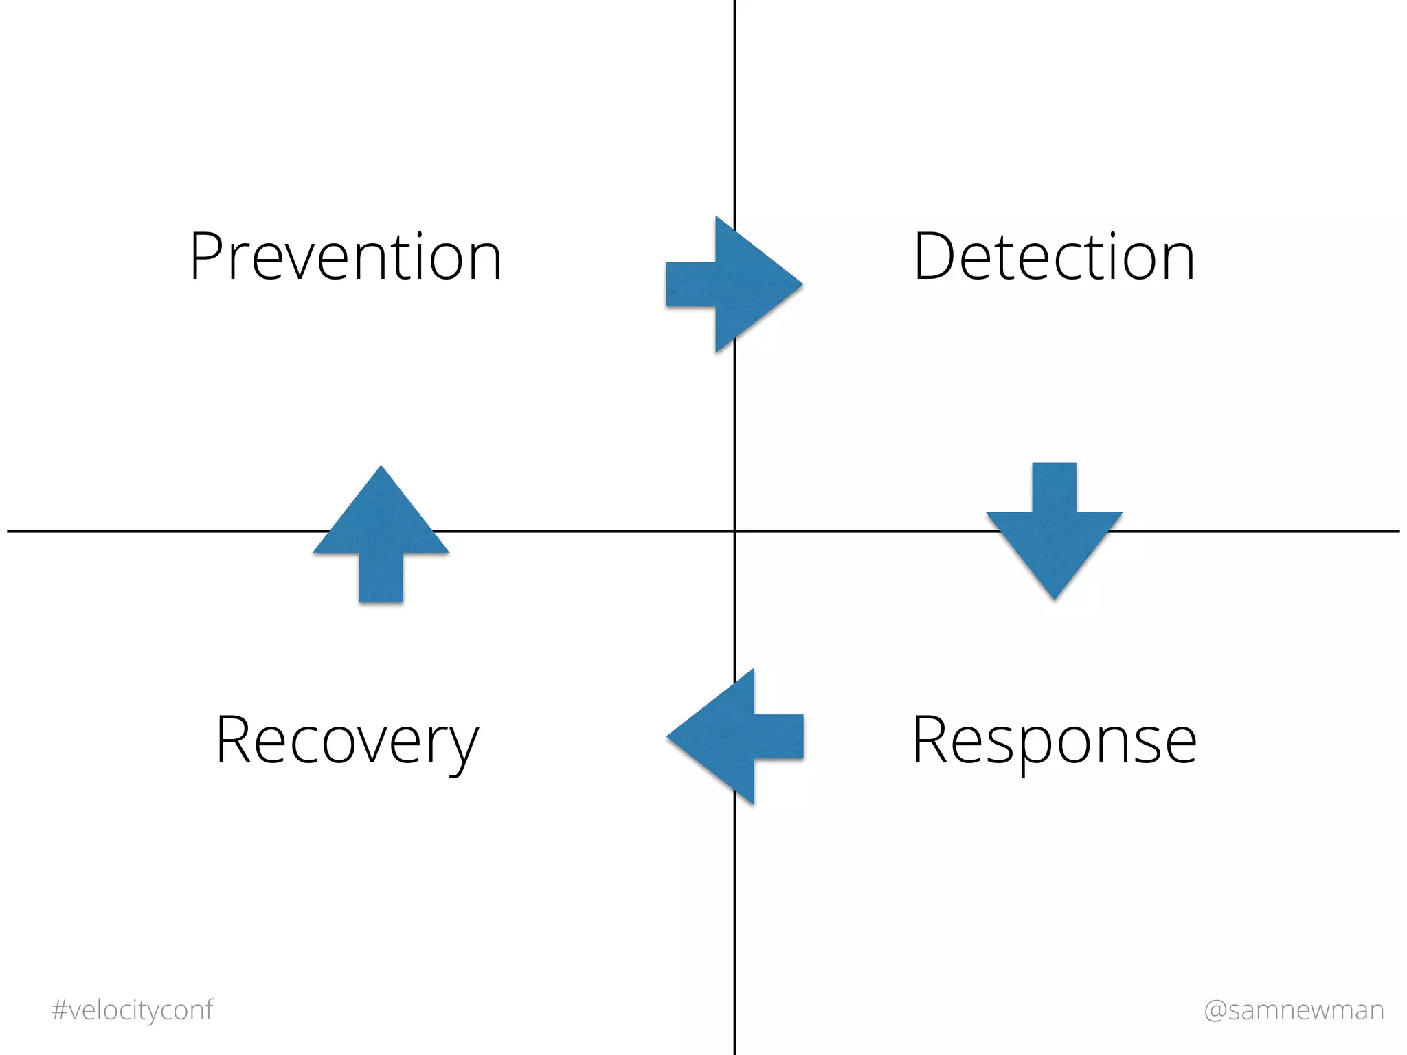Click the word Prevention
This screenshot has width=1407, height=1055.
click(x=346, y=257)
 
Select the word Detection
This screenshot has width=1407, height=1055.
click(x=1054, y=257)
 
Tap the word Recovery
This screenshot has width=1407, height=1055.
click(x=347, y=740)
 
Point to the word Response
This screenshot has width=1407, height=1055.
click(x=1055, y=740)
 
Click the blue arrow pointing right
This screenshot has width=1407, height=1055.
click(x=735, y=284)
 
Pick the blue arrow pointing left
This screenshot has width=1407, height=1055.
click(x=735, y=737)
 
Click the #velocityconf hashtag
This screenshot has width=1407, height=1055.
click(x=133, y=1010)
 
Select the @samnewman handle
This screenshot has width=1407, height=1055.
click(x=1294, y=1010)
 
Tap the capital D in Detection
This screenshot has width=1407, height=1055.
click(x=935, y=257)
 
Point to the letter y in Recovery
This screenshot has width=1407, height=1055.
click(x=464, y=749)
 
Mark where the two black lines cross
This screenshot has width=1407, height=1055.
click(x=735, y=531)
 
